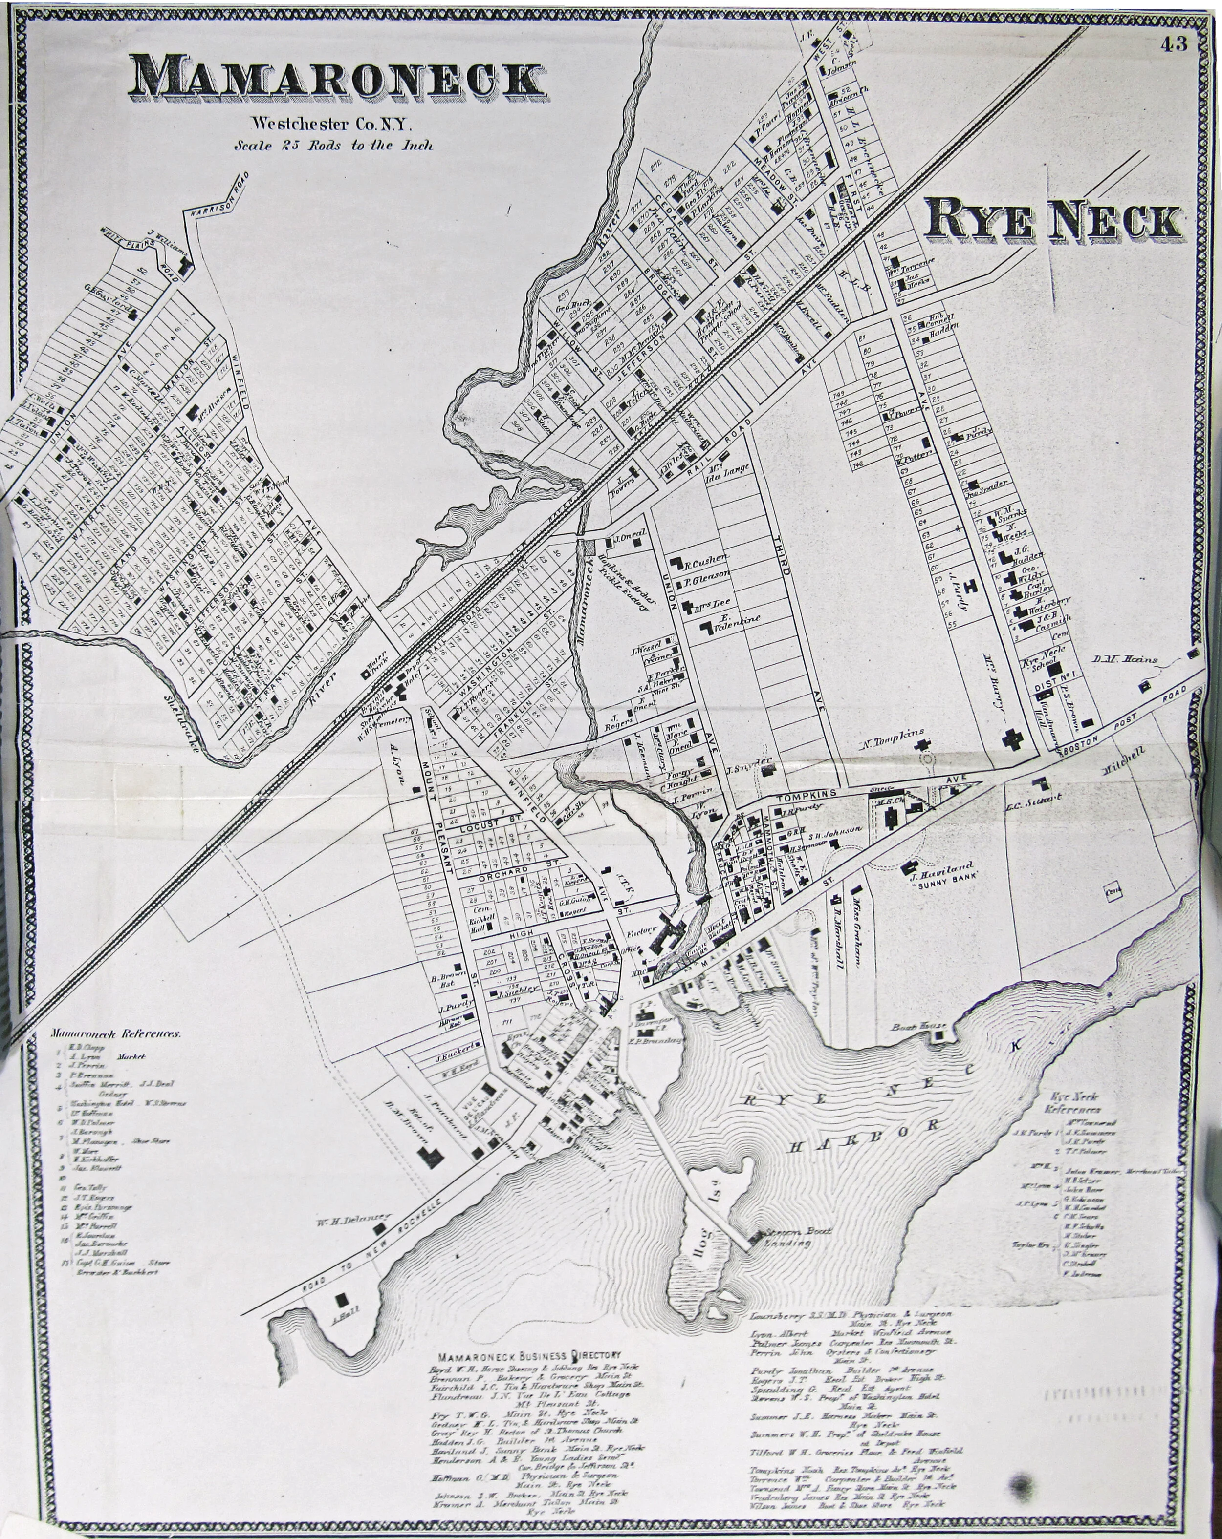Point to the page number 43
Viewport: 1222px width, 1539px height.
pos(1174,44)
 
